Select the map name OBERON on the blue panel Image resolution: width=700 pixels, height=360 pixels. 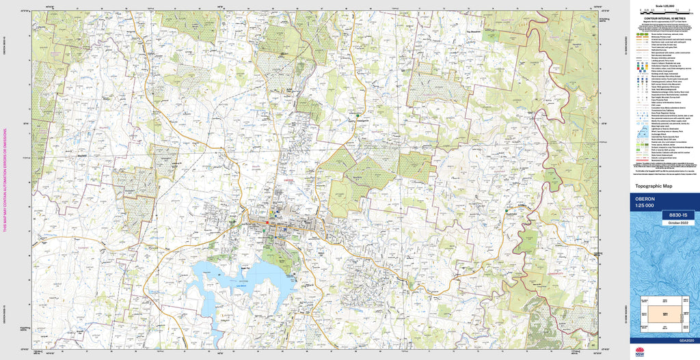[x=646, y=199]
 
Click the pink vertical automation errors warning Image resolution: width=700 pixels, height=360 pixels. [x=5, y=180]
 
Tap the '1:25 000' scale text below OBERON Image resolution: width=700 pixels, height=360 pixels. [x=645, y=206]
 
